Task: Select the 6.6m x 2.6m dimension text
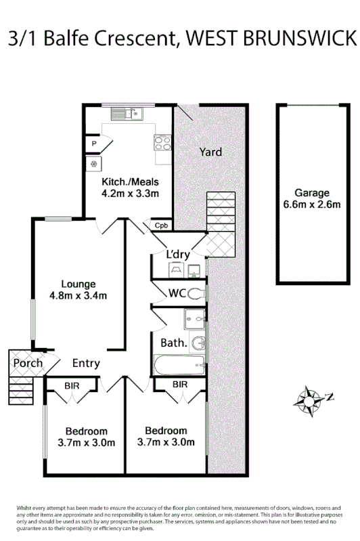click(312, 205)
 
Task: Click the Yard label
click(210, 152)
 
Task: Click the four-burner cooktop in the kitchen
click(163, 143)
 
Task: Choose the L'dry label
click(178, 255)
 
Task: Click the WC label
click(177, 293)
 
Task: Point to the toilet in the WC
click(196, 293)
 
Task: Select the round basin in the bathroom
click(198, 344)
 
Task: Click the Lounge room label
click(78, 284)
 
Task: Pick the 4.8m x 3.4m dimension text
click(78, 295)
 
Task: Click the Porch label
click(27, 363)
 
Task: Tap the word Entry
click(86, 364)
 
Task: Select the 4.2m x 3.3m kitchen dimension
click(130, 193)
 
